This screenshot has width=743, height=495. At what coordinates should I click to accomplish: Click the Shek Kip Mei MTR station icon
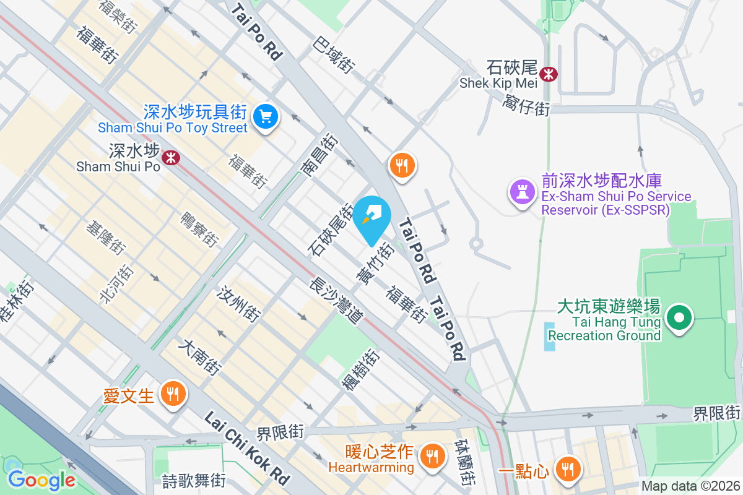(548, 74)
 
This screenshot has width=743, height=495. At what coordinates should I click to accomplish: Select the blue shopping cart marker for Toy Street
(266, 116)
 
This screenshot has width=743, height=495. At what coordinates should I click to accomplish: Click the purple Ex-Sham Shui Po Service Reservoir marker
(521, 191)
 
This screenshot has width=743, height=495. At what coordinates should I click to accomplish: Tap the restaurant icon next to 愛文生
(173, 393)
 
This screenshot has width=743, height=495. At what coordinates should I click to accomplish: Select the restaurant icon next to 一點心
(567, 468)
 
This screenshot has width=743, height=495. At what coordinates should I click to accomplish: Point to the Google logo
(42, 480)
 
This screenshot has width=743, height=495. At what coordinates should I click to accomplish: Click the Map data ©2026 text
(690, 486)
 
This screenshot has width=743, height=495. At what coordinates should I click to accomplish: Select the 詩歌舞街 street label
(193, 480)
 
